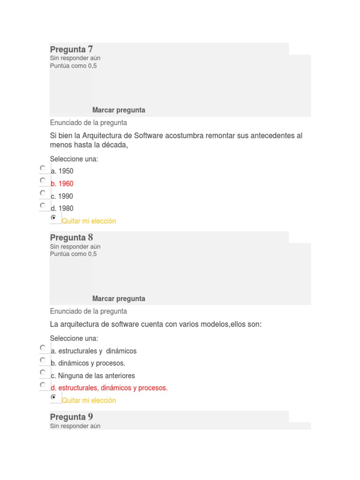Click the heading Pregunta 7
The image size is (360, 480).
click(71, 49)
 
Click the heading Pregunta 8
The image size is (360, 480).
click(71, 238)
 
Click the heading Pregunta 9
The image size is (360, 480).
click(71, 417)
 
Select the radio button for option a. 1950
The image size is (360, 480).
click(43, 168)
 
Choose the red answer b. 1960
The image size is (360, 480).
click(62, 184)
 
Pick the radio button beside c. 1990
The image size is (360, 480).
click(43, 193)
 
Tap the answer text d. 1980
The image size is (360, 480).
click(62, 209)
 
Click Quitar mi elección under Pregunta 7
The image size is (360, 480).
click(89, 221)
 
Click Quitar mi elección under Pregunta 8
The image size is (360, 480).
click(89, 401)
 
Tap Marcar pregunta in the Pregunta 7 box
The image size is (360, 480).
click(119, 110)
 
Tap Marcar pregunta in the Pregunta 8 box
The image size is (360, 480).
click(119, 299)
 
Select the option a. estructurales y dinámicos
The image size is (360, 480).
click(94, 351)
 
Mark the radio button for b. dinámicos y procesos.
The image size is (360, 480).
click(43, 360)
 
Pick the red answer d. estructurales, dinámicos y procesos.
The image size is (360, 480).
click(109, 388)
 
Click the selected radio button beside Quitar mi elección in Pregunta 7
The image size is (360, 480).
click(53, 218)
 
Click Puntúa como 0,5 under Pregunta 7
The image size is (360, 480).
click(73, 66)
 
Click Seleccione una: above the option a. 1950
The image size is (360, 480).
click(74, 159)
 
